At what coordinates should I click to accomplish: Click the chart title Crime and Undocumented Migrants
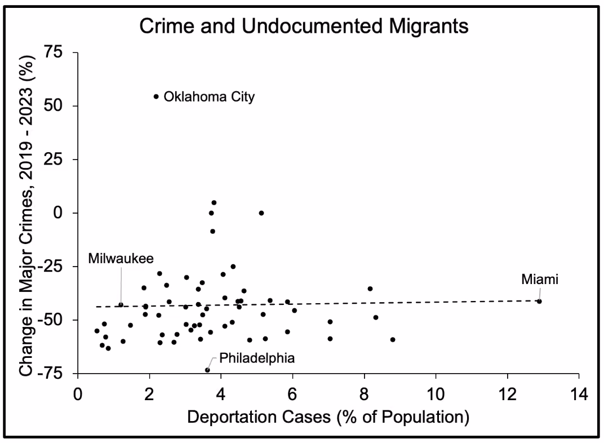[304, 26]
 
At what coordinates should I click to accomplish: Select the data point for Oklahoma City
[156, 97]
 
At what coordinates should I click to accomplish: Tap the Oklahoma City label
[209, 97]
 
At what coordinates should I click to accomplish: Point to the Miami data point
[539, 301]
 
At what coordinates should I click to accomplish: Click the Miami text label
[540, 280]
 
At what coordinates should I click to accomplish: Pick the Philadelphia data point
[207, 370]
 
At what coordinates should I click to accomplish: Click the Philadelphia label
[257, 358]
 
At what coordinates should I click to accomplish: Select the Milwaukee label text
[121, 259]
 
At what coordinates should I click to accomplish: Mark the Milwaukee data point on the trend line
[121, 305]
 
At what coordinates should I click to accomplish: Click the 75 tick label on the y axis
[53, 52]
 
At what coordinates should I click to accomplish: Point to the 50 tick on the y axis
[53, 105]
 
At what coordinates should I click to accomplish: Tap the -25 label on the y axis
[50, 266]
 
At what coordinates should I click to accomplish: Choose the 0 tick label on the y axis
[58, 212]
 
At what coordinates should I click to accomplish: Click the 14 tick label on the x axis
[579, 394]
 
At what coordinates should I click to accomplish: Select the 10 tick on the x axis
[436, 394]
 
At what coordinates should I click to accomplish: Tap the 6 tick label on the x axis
[292, 394]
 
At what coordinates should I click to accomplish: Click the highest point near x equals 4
[214, 203]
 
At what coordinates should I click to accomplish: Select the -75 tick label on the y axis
[50, 373]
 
